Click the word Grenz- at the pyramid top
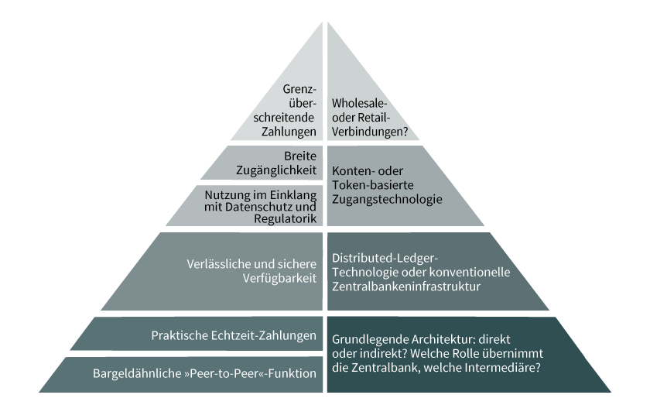(299, 89)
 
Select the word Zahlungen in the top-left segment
(289, 132)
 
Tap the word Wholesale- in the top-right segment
(359, 103)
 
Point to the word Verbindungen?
(370, 132)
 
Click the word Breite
(300, 156)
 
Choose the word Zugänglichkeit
(276, 170)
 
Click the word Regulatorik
(286, 218)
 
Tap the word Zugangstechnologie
(387, 200)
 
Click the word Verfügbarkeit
(279, 278)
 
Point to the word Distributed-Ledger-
(385, 258)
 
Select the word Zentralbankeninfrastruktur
(405, 287)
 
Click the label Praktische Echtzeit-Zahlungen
(234, 335)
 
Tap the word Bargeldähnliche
(137, 373)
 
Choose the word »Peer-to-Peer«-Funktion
(250, 373)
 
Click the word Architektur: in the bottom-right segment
(443, 339)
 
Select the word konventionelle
(469, 272)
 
